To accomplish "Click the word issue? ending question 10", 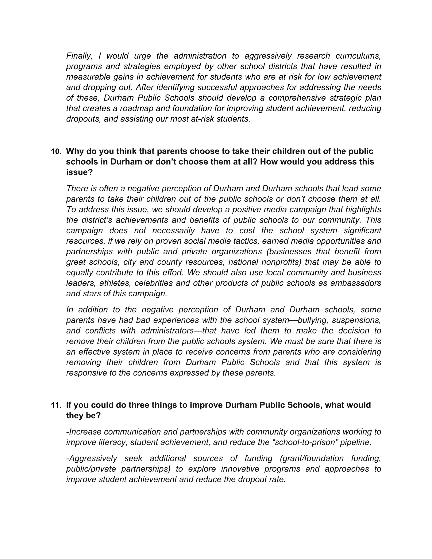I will [x=79, y=173].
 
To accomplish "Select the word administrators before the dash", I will [x=167, y=331].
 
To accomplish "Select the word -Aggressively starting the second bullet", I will [x=92, y=458].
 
